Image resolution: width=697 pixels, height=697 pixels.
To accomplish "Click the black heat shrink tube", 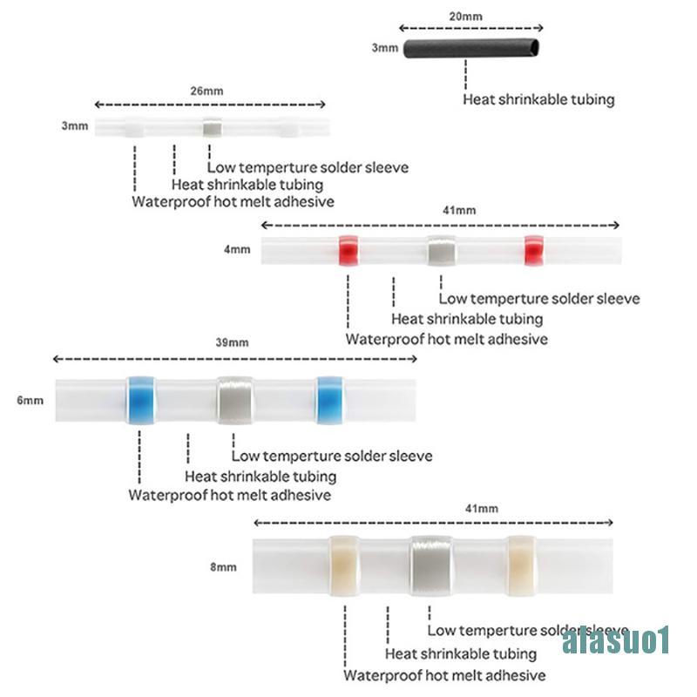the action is point(471,49).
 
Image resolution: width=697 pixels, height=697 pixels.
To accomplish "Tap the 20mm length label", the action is point(465,17).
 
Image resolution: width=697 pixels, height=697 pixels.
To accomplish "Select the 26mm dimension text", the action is point(206,91).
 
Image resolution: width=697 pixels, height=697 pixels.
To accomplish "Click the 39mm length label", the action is point(232,342).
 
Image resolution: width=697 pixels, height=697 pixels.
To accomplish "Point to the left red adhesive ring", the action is point(348,251).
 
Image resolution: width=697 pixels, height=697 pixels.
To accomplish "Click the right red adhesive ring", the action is point(534,251).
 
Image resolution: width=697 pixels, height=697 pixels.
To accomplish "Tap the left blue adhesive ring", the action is point(141,400).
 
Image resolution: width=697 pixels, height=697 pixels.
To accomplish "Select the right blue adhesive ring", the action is point(330,400).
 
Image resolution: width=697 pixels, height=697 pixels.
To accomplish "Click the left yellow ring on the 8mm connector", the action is point(344,565).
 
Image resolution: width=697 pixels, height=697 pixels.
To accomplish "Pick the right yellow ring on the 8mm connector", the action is point(522,565).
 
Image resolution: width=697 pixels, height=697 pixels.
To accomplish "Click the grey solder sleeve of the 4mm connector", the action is point(443,251).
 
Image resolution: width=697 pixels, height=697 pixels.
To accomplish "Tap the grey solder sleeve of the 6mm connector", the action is point(235,400).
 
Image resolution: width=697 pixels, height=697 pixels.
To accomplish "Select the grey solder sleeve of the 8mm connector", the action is point(431,565).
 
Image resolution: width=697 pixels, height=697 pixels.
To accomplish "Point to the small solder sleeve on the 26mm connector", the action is point(213,128).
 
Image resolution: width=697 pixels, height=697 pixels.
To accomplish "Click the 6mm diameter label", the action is point(30,401).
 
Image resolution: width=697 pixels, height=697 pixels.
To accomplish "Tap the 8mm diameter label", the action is point(223,567).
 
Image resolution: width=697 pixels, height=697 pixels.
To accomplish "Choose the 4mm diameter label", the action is point(237,249).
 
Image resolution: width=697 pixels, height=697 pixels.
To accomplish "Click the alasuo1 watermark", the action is point(616,640).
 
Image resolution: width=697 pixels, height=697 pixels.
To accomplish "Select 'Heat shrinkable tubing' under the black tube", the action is point(538,99).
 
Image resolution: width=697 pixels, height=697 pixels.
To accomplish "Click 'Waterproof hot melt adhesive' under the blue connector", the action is point(230,495).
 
